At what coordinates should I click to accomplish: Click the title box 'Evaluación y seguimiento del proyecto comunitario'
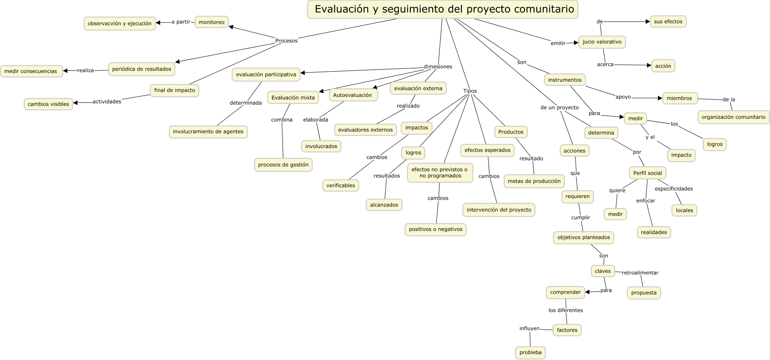click(443, 9)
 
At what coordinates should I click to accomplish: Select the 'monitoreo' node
click(211, 22)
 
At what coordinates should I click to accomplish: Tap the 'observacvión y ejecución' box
click(120, 24)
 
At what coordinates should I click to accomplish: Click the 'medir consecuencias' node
click(31, 71)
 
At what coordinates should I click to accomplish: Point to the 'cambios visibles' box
click(48, 104)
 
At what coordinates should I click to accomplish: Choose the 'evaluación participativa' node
click(266, 75)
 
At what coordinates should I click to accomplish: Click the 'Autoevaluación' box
click(353, 95)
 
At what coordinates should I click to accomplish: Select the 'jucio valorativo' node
click(602, 42)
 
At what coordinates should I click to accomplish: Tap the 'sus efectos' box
click(668, 21)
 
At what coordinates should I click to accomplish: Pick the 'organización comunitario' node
click(733, 117)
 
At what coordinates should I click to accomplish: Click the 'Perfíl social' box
click(647, 173)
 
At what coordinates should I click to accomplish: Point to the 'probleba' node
click(530, 352)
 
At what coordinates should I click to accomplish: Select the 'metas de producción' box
click(534, 181)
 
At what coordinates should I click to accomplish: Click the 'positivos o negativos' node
click(436, 229)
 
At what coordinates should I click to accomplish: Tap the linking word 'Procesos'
click(286, 41)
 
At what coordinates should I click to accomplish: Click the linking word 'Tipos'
click(470, 91)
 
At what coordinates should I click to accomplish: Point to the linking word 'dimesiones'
click(438, 67)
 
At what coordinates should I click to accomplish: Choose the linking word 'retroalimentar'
click(640, 273)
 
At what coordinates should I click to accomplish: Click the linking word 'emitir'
click(558, 43)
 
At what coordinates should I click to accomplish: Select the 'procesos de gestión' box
click(283, 165)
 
